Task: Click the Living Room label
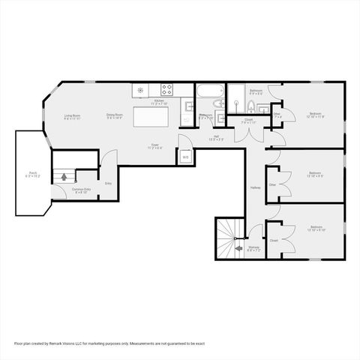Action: point(72,116)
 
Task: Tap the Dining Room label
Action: point(114,116)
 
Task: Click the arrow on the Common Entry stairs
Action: point(64,178)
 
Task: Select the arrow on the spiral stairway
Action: point(238,247)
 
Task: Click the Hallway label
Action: point(255,187)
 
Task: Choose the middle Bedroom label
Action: point(315,174)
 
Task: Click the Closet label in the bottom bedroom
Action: point(274,241)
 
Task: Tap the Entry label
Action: point(108,182)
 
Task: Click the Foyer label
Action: point(154,145)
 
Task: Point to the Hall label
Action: point(216,137)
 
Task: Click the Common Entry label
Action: point(81,190)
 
